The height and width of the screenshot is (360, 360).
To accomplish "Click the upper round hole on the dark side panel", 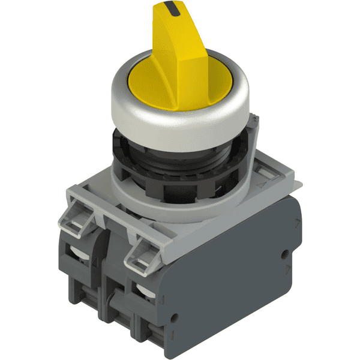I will point(284,254).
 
